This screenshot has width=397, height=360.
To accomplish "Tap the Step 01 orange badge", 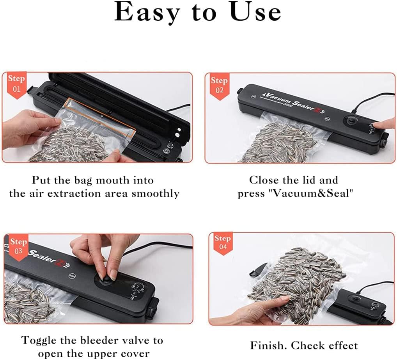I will tap(16, 83).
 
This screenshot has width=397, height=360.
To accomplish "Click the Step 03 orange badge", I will tap(18, 246).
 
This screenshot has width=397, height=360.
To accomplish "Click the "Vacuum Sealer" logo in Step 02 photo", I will tap(287, 102).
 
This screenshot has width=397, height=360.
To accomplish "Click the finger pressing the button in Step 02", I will tap(384, 125).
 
